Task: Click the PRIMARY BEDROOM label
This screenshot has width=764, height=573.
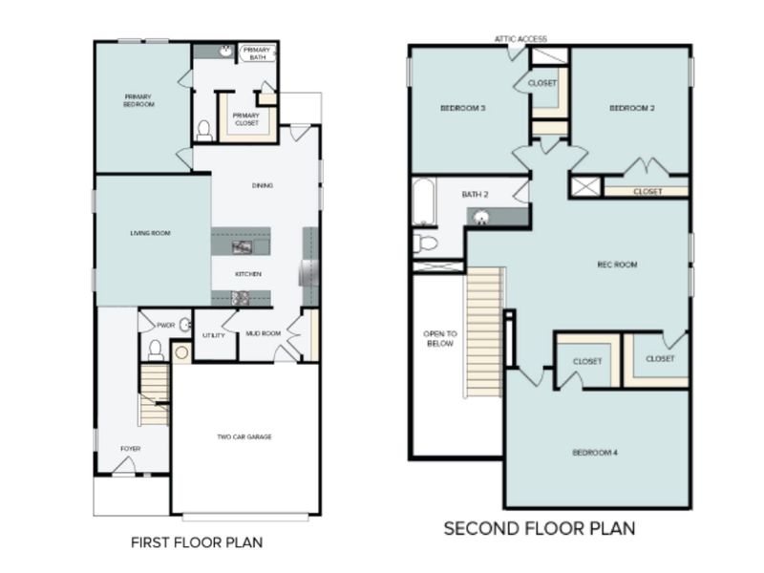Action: [x=139, y=99]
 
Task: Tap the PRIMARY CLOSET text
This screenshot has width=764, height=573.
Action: [x=245, y=118]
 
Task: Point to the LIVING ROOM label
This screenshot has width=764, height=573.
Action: [x=150, y=232]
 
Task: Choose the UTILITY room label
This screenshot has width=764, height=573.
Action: [x=214, y=336]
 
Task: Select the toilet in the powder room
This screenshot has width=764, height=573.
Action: [x=155, y=351]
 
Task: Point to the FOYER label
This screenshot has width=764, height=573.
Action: [x=130, y=448]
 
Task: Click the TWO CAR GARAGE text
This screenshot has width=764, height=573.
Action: [x=244, y=436]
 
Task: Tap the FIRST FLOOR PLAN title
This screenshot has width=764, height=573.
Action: [x=196, y=542]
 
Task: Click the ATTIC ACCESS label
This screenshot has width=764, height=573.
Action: [x=520, y=39]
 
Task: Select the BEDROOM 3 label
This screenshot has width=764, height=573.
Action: [x=463, y=108]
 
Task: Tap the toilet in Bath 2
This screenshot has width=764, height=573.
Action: [x=426, y=244]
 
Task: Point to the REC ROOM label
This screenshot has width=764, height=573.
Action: [x=618, y=265]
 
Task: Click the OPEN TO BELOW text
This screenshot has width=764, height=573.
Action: [x=438, y=338]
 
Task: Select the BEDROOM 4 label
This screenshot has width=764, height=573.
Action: [x=595, y=452]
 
